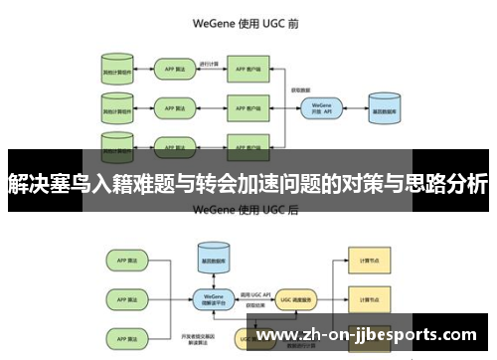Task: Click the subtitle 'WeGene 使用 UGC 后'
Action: [x=248, y=209]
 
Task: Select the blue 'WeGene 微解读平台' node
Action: [x=211, y=297]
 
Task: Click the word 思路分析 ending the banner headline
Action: [x=447, y=183]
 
